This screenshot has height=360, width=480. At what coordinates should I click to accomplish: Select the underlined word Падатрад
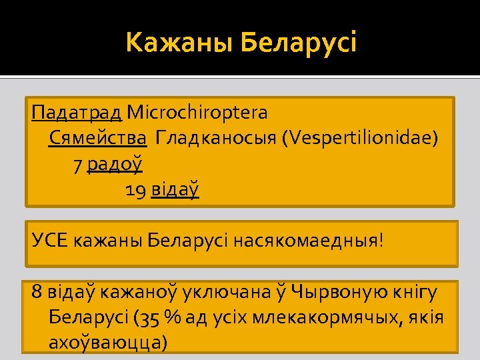pos(77,113)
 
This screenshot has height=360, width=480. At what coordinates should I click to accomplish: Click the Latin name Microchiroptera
pos(197,113)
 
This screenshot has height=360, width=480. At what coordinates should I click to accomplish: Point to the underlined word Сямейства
pos(98,138)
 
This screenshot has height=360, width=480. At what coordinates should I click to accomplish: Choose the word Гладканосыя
pos(216,138)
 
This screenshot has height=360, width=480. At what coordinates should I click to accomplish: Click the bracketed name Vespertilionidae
pos(360,138)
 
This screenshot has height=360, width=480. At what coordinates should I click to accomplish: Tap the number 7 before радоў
pos(79,164)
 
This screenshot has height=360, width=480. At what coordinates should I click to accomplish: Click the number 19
pos(137,191)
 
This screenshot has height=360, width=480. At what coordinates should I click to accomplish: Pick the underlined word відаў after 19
pos(175,191)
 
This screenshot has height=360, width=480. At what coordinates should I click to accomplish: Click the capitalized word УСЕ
pos(50,239)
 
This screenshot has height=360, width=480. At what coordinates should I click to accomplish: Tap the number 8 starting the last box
pos(37,291)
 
